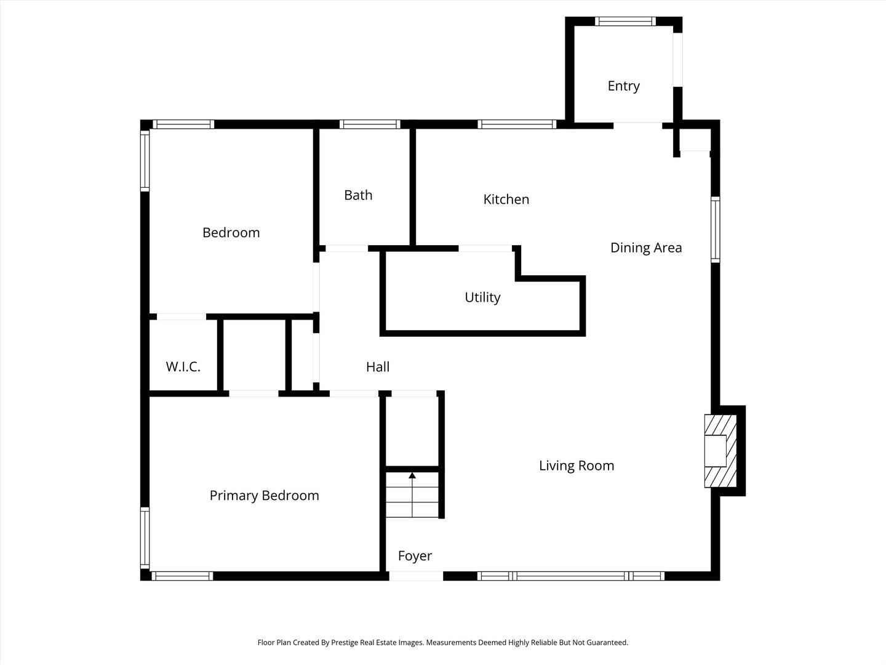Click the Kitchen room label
click(x=506, y=199)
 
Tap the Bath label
click(x=358, y=195)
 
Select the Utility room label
click(x=482, y=297)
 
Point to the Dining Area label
click(x=646, y=248)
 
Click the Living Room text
click(x=577, y=465)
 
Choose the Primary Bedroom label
click(x=265, y=496)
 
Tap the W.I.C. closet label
click(x=183, y=366)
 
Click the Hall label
click(x=377, y=366)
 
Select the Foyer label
click(x=415, y=556)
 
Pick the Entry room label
click(x=624, y=86)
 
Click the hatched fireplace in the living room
click(x=720, y=451)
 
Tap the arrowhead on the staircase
click(x=412, y=475)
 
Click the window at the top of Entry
click(x=625, y=21)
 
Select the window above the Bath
click(x=370, y=124)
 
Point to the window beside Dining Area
click(x=715, y=229)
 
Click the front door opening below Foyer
click(x=416, y=576)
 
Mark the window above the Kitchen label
click(x=517, y=124)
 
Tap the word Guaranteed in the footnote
click(x=607, y=642)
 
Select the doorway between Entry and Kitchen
click(x=638, y=125)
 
